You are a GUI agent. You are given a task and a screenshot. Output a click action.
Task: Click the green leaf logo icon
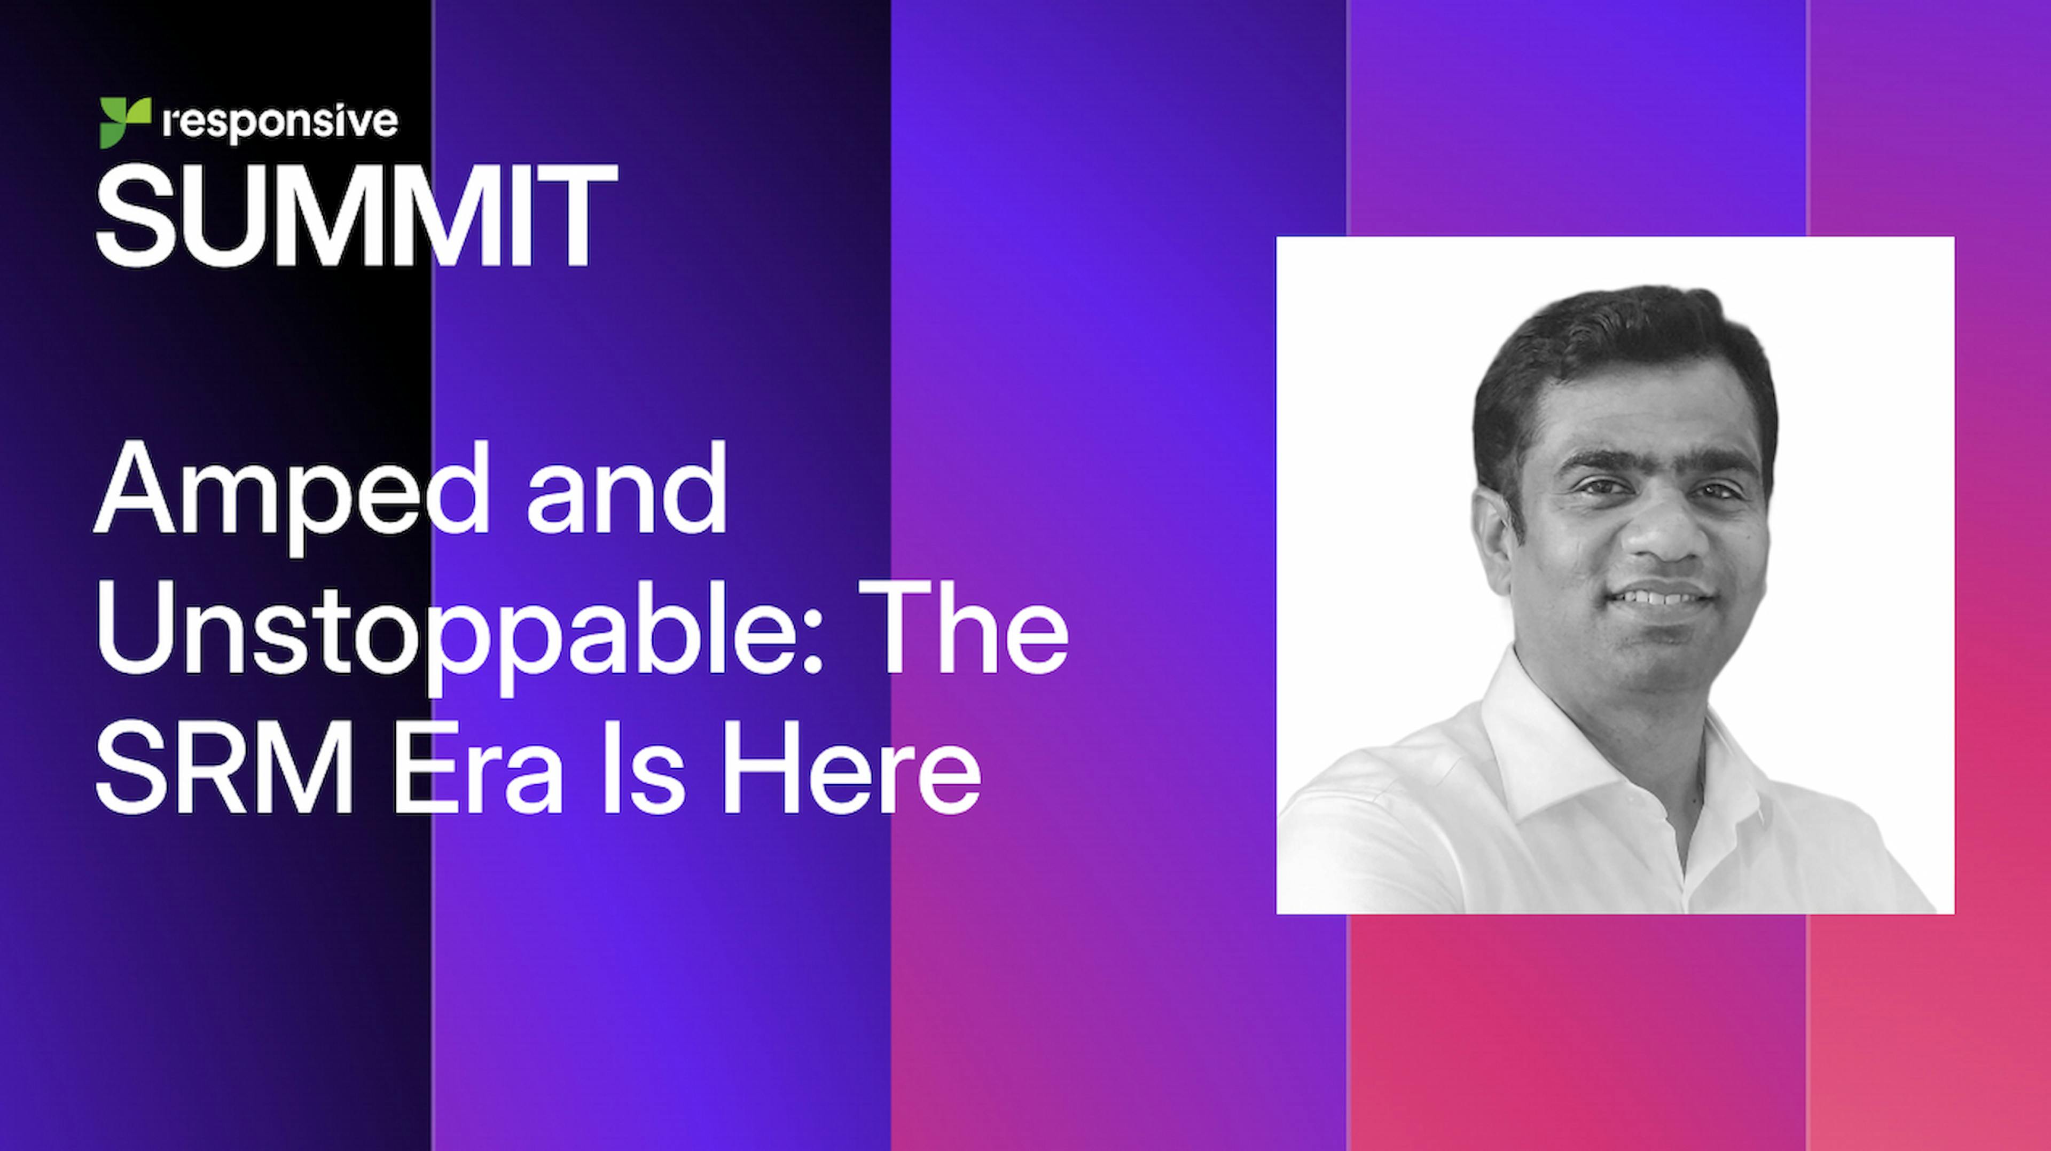coord(125,122)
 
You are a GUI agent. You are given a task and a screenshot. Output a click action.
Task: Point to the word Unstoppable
coord(450,637)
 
